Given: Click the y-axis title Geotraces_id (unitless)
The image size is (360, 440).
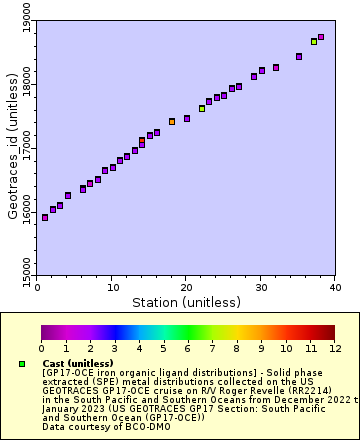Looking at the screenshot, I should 12,141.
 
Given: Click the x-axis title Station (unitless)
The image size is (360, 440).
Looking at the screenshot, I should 186,301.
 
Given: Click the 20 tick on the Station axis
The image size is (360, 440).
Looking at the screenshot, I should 186,285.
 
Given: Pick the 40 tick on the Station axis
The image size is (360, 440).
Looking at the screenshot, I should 335,285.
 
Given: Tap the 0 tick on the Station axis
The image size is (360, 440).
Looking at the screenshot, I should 37,285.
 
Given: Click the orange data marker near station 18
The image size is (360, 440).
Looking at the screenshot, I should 172,121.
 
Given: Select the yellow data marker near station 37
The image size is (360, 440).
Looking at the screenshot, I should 314,42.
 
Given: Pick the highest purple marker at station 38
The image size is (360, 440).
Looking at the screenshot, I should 321,37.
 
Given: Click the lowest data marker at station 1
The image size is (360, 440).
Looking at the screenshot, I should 45,217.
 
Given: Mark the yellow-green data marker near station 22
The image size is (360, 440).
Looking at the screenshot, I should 202,108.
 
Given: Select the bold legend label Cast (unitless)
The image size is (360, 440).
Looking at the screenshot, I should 77,363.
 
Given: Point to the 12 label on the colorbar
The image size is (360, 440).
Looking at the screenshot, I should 334,348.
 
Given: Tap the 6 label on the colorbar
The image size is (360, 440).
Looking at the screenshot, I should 188,348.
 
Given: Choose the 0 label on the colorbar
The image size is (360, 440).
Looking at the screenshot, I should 41,348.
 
